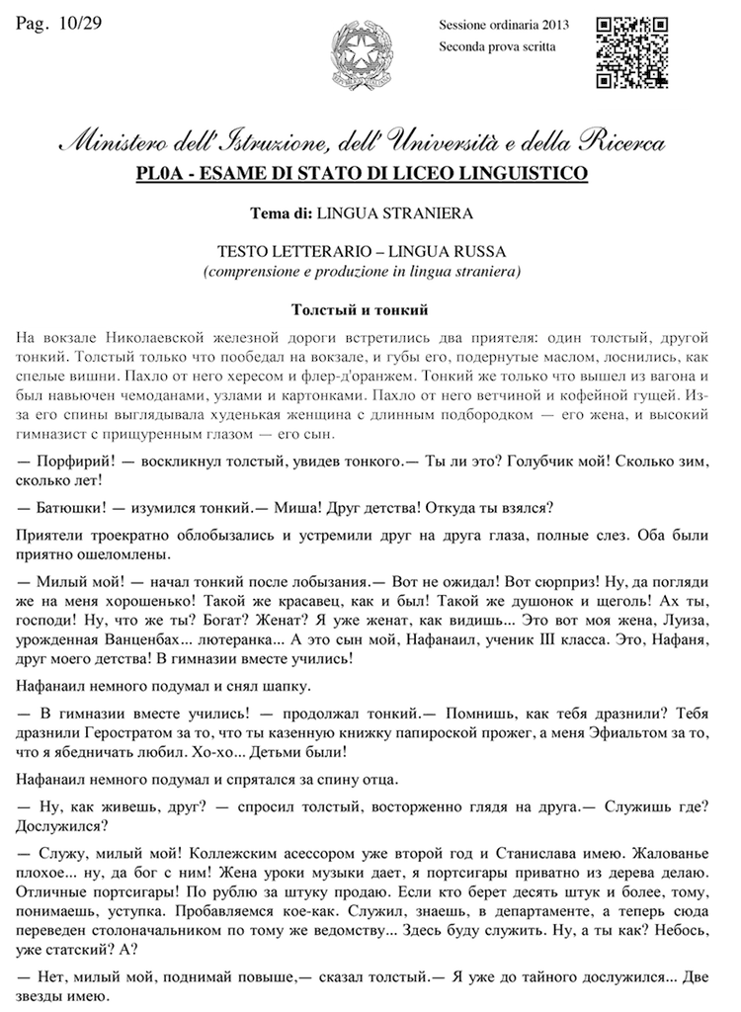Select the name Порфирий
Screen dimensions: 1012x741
[x=75, y=461]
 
